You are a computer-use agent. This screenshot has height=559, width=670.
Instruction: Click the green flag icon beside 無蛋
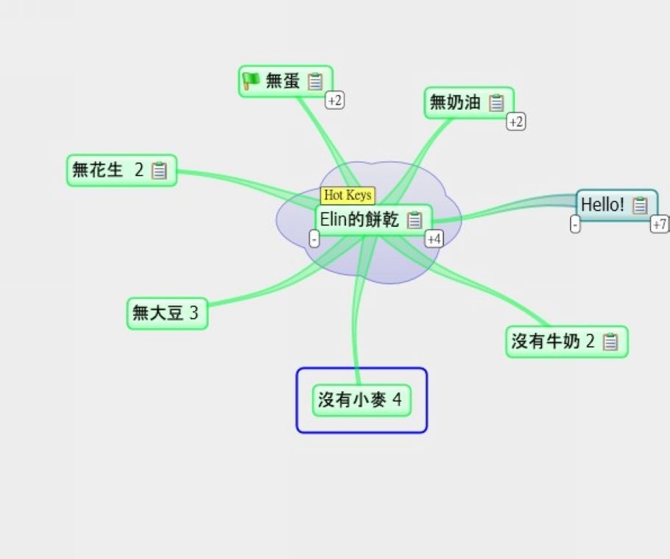click(250, 80)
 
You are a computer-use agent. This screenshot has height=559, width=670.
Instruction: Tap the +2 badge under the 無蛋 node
click(334, 100)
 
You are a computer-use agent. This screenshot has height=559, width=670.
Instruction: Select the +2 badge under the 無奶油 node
click(515, 122)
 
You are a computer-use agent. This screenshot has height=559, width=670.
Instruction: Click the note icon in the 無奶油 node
click(496, 102)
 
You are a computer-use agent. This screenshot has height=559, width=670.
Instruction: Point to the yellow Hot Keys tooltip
click(348, 195)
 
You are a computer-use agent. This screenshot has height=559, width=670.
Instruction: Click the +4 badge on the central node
click(434, 239)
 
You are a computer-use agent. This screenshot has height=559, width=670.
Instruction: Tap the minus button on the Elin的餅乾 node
click(314, 239)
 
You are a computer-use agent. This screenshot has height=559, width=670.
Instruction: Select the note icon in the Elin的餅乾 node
click(414, 220)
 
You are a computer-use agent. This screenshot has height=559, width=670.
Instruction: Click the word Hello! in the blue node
click(602, 205)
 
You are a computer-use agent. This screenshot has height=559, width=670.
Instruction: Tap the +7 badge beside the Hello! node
click(659, 224)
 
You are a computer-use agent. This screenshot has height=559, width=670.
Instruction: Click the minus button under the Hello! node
click(575, 224)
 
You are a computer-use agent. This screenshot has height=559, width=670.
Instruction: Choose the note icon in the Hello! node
click(640, 205)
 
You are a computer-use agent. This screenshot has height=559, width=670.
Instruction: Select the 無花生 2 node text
click(107, 169)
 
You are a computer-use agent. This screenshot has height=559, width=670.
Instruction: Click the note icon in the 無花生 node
click(159, 170)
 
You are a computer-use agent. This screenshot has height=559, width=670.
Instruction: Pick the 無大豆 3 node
click(168, 313)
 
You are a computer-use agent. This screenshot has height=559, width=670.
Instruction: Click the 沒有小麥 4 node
click(362, 401)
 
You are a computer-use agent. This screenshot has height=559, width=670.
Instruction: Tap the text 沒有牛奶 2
click(553, 341)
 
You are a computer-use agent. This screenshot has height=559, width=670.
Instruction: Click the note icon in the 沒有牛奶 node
click(610, 342)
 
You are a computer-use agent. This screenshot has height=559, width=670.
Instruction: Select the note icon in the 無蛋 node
click(315, 81)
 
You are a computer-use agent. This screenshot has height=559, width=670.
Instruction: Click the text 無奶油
click(455, 102)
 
